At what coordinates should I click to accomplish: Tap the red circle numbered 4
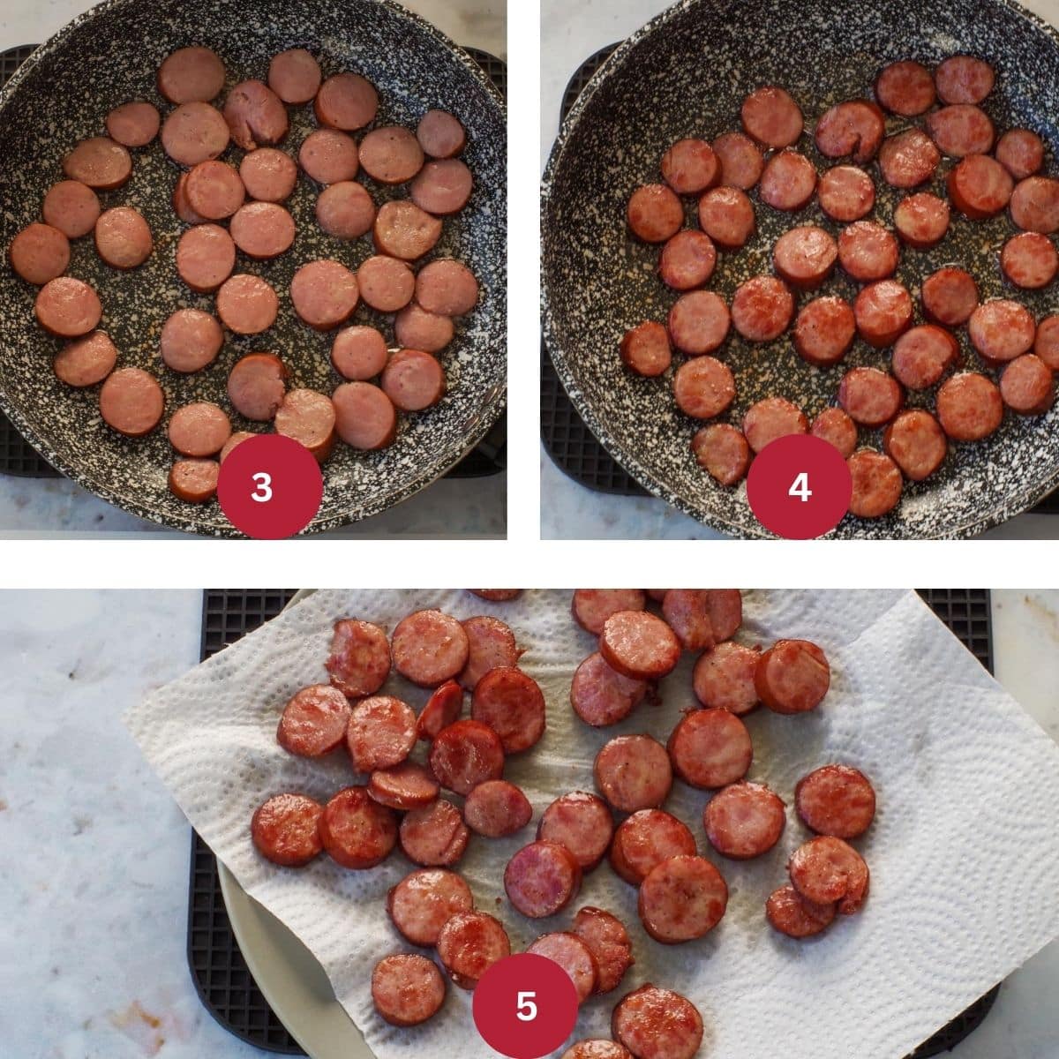[799, 486]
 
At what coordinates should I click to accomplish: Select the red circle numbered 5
[526, 1005]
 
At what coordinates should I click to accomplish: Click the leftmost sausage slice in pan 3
[39, 253]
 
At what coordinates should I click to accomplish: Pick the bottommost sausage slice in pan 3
[193, 479]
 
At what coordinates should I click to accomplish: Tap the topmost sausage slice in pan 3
[192, 74]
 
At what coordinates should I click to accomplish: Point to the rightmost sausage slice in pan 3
[447, 288]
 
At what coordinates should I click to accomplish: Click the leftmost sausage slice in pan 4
[645, 349]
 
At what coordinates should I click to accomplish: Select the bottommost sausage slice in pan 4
[873, 483]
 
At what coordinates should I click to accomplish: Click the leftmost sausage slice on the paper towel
[287, 829]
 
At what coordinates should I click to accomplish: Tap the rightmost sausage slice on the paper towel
[835, 800]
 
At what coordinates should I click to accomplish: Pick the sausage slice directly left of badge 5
[407, 988]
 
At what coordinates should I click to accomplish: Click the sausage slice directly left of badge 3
[193, 479]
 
